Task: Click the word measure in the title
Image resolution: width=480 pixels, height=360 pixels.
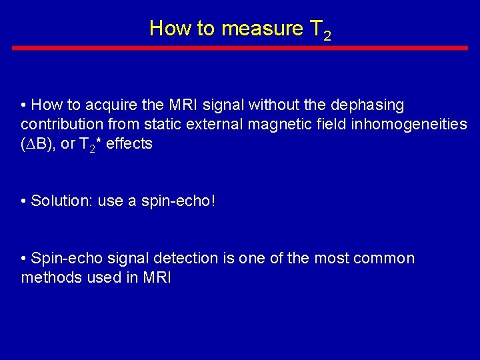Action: click(261, 29)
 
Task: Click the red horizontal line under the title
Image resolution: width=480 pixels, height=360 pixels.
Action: click(240, 48)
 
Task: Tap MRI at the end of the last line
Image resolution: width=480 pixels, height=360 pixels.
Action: click(157, 278)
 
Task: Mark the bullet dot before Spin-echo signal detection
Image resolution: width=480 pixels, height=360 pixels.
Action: click(25, 259)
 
